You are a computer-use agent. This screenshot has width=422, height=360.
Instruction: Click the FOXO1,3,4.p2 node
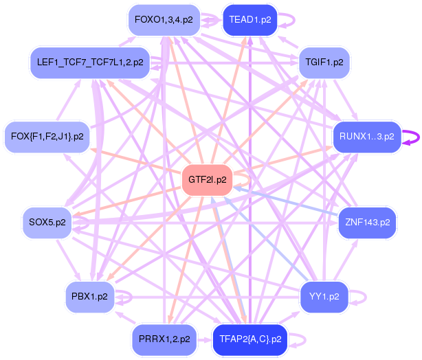164,20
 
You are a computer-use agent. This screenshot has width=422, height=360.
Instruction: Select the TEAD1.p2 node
250,20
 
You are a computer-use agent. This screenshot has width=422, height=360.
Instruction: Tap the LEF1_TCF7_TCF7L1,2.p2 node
90,63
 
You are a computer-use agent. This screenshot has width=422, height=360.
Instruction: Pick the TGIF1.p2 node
324,63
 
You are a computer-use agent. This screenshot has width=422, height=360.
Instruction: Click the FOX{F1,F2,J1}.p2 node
47,137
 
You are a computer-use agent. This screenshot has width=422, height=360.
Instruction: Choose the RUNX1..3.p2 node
367,137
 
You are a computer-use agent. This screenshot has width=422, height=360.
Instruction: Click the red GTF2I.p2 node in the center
208,180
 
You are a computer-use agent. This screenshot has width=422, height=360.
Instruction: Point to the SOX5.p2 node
47,223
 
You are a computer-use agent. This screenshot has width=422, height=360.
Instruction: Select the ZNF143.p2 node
368,223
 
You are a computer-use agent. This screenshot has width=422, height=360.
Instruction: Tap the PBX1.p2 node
89,297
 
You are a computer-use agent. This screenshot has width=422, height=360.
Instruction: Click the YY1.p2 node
324,297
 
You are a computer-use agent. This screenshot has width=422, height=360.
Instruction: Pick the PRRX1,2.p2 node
164,339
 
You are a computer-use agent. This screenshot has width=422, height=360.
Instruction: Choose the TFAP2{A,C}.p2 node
250,339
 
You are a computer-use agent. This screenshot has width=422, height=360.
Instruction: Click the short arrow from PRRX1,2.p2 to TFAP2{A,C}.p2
205,340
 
